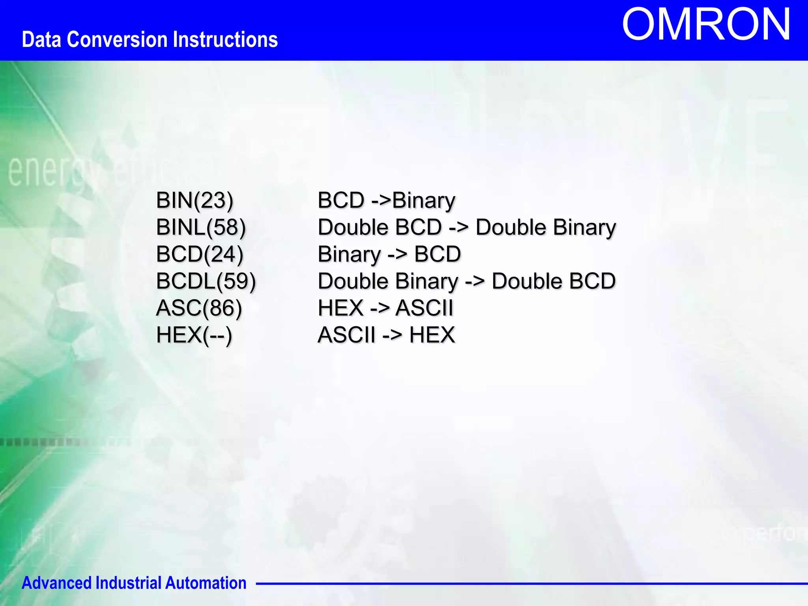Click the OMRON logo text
(x=706, y=24)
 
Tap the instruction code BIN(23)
(x=195, y=200)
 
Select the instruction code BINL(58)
(x=201, y=227)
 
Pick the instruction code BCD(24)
(x=200, y=254)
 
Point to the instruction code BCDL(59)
(x=206, y=281)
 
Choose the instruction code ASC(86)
(x=199, y=308)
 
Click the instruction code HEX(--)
(x=194, y=335)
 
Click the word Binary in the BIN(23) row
(x=423, y=200)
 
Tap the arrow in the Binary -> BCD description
(x=397, y=254)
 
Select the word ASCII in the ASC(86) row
(x=425, y=308)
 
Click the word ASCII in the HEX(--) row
(x=346, y=335)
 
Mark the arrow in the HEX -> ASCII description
(x=380, y=308)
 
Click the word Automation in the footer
(x=206, y=583)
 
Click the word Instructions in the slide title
(x=225, y=40)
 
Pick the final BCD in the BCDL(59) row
(x=593, y=281)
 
